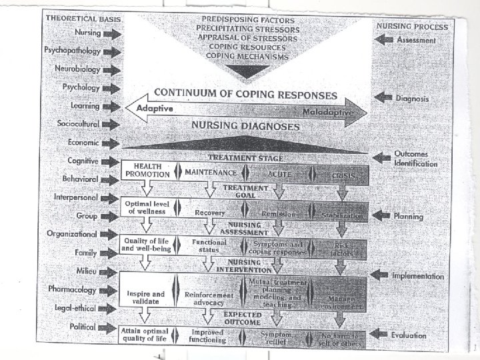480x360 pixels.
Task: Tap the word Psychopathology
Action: click(71, 51)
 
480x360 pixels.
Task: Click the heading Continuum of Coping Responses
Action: click(245, 94)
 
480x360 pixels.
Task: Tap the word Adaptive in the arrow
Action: click(155, 109)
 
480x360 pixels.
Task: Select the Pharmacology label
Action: click(73, 289)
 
